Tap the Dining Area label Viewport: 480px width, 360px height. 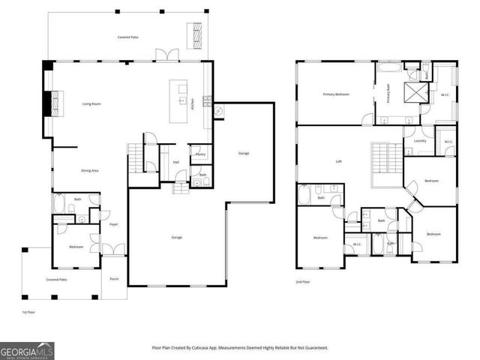coord(90,171)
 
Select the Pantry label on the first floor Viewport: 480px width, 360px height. coord(200,154)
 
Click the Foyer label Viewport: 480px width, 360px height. coord(114,223)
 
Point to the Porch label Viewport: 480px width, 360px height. coord(114,278)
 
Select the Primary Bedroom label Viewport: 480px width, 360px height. coord(335,94)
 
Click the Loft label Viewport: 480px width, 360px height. coord(338,161)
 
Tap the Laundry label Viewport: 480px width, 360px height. coord(419,140)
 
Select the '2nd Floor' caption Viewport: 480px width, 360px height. coord(303,282)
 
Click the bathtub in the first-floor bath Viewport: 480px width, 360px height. coord(60,204)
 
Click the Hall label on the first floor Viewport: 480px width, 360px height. coord(175,161)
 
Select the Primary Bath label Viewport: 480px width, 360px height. coord(388,94)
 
